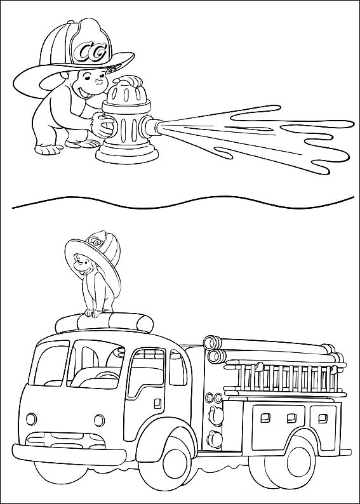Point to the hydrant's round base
click(x=127, y=154)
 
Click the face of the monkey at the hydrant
click(x=91, y=84)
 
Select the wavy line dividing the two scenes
click(x=183, y=202)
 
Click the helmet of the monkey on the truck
click(x=94, y=257)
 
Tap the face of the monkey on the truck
click(x=81, y=263)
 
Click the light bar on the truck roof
click(x=104, y=322)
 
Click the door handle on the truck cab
click(x=157, y=404)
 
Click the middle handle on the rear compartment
click(x=292, y=418)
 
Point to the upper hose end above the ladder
click(x=211, y=342)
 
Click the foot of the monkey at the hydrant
click(x=49, y=149)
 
